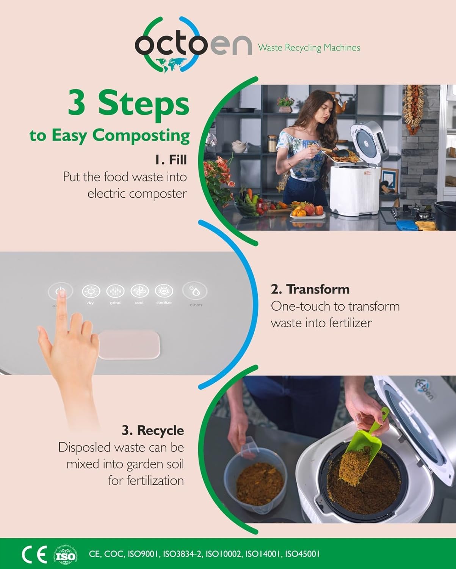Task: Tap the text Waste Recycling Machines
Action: [309, 48]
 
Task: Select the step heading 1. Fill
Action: [171, 160]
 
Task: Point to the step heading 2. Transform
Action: [310, 289]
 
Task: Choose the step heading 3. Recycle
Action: [152, 430]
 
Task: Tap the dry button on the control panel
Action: [91, 291]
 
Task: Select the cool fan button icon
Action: [139, 291]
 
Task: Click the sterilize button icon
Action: [164, 291]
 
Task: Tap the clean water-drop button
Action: [195, 291]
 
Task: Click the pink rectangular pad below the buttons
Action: [128, 344]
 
